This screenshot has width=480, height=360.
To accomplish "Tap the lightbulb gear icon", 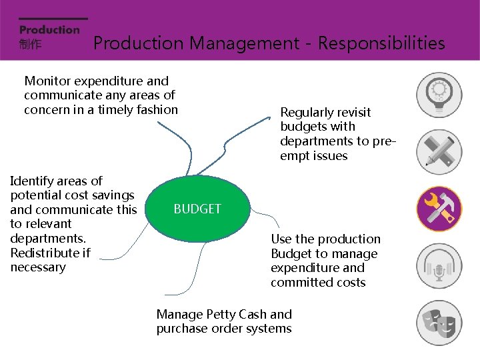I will (439, 94).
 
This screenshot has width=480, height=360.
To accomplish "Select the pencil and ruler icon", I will (439, 151).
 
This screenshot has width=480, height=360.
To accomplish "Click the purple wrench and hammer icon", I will (439, 209).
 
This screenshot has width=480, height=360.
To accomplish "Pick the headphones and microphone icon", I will (439, 266).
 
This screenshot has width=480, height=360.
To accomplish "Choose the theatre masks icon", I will (439, 323).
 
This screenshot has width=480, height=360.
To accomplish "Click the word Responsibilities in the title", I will (381, 43).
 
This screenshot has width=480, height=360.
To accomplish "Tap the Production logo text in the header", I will (49, 29).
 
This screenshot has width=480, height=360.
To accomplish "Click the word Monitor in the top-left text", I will (47, 81).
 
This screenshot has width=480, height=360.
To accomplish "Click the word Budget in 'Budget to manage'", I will (290, 254).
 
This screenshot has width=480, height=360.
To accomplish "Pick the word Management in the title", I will (245, 43).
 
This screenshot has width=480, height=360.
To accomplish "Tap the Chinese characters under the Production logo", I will (30, 44).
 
